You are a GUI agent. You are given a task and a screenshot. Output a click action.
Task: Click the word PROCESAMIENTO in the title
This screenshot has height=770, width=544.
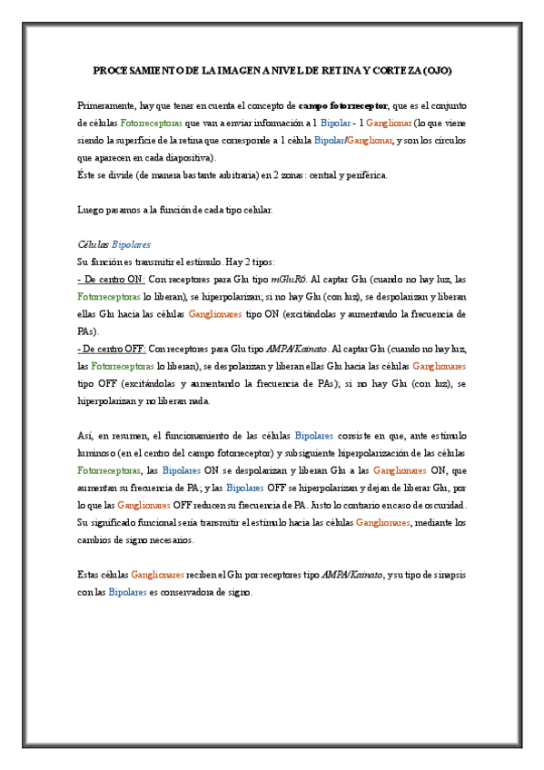(x=132, y=70)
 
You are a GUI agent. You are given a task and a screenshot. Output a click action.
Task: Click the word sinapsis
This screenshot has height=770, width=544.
(x=445, y=576)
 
